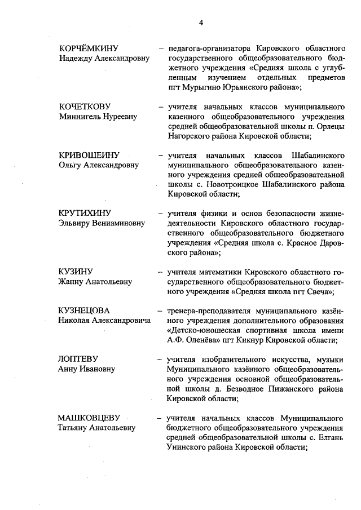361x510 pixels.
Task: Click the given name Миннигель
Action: click(x=78, y=117)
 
